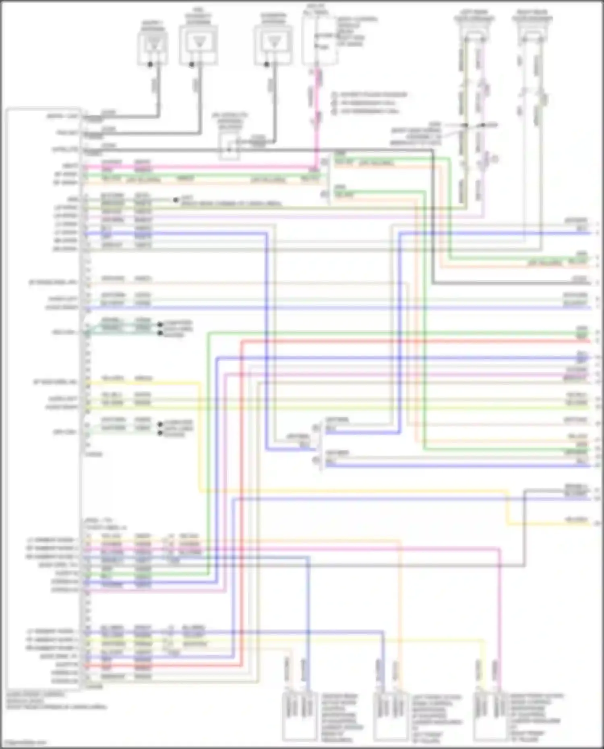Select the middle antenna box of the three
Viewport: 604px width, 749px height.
199,45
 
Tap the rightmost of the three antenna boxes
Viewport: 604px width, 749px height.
273,45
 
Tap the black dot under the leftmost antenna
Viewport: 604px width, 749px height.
150,64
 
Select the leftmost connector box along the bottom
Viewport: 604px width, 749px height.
299,717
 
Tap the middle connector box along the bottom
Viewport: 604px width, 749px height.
390,717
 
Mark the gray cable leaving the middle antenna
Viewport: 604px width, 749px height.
197,89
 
